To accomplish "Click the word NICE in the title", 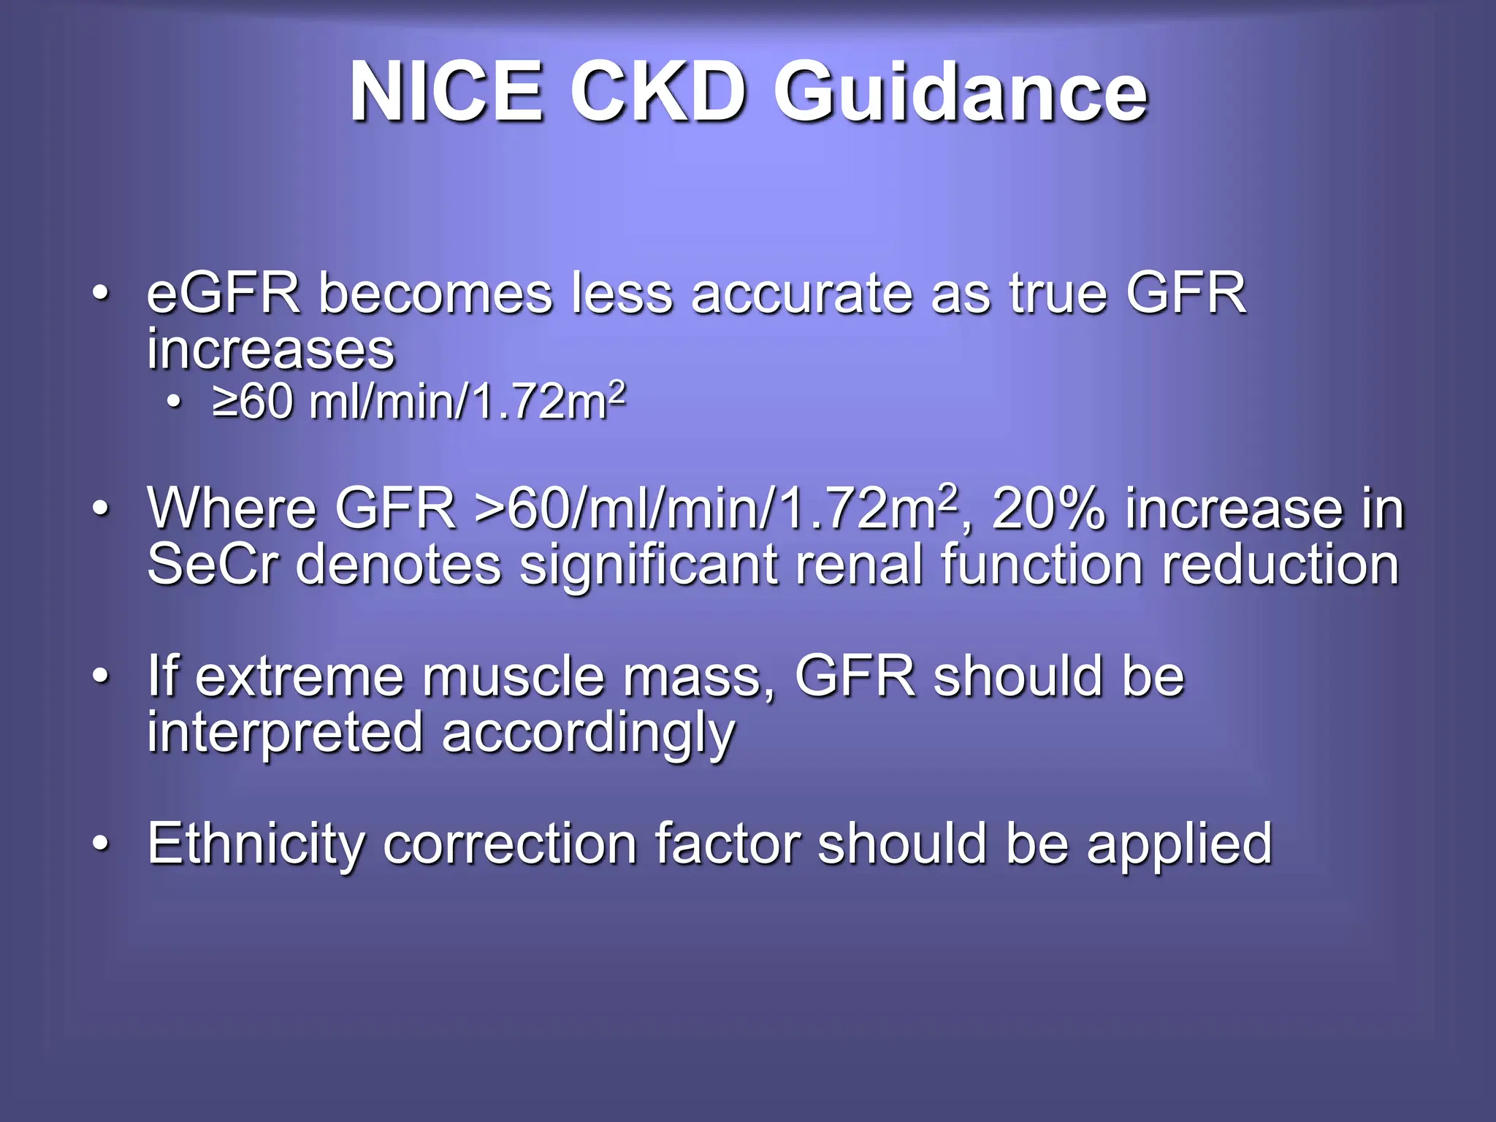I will click(x=446, y=93).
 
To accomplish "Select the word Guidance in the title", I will click(x=960, y=93).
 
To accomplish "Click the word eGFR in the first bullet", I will click(x=224, y=294).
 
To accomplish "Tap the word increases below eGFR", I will click(x=270, y=349).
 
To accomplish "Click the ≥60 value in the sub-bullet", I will click(x=253, y=402).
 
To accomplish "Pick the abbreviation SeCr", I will click(x=213, y=565).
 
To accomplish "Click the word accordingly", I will click(x=588, y=733).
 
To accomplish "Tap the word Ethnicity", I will click(x=256, y=844).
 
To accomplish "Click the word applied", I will click(x=1179, y=844).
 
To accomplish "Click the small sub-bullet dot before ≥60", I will click(x=173, y=401).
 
